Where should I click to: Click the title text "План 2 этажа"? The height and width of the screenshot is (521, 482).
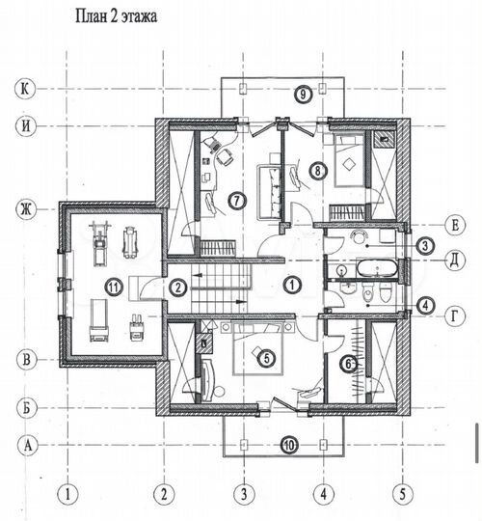click(x=117, y=16)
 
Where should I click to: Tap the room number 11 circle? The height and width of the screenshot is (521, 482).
click(x=114, y=287)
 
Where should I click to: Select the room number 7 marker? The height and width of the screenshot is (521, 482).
click(x=237, y=201)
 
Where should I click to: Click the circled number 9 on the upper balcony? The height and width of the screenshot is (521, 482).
click(x=303, y=94)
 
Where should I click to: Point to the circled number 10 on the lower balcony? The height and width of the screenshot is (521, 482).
click(x=289, y=445)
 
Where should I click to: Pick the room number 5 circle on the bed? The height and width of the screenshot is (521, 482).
click(x=267, y=358)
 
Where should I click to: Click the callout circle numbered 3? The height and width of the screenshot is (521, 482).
click(x=425, y=246)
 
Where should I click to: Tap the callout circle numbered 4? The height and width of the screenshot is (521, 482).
click(x=425, y=306)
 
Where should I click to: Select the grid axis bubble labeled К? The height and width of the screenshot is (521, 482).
click(x=25, y=89)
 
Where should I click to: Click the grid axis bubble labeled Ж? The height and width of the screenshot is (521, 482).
click(x=26, y=209)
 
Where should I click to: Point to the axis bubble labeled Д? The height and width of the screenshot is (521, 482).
click(x=455, y=260)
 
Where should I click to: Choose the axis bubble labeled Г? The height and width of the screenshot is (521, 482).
click(x=455, y=316)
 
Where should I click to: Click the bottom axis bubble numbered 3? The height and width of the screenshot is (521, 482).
click(x=244, y=494)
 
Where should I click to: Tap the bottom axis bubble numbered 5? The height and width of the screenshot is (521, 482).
click(x=403, y=494)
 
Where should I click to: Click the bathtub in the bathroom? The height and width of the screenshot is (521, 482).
click(x=377, y=268)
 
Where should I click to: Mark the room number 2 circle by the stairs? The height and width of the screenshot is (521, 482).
click(x=178, y=288)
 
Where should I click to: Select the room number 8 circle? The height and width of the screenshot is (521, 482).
click(x=318, y=171)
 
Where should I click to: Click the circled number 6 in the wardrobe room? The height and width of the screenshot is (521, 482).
click(x=348, y=364)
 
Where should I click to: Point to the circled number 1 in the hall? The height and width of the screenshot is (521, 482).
click(x=292, y=285)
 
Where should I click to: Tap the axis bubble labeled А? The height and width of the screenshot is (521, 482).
click(x=28, y=445)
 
